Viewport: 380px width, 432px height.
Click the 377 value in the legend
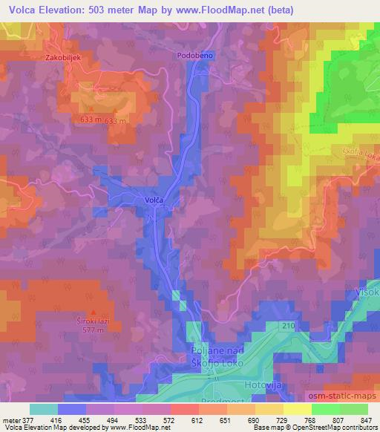28,419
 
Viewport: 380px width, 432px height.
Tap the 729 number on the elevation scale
275,419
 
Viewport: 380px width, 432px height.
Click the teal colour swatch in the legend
43,409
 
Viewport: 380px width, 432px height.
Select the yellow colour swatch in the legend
297,409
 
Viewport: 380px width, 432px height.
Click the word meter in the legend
10,419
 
